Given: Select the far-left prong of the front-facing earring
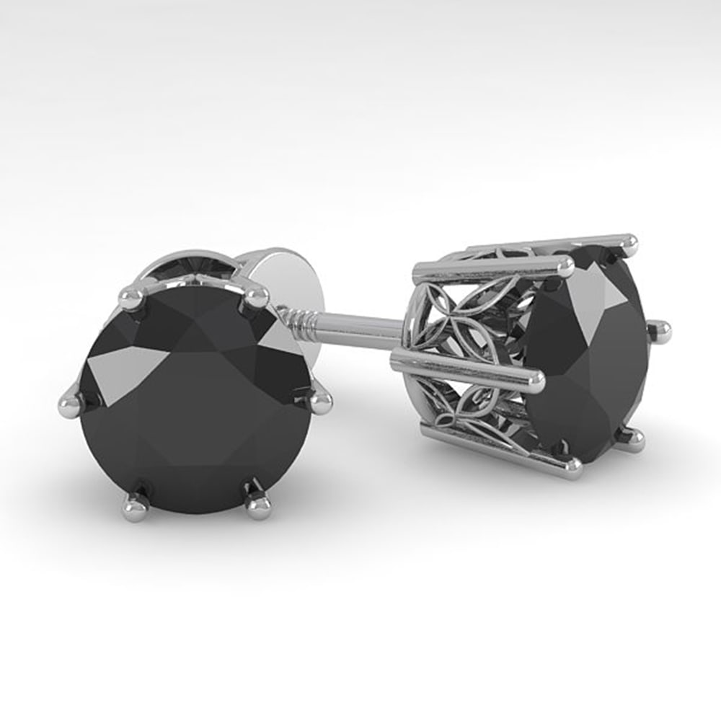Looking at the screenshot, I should click(70, 406).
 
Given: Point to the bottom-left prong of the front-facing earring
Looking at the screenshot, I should click(136, 505).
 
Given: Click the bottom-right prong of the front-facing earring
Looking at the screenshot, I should click(257, 505).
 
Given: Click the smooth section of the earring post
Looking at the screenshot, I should click(360, 329).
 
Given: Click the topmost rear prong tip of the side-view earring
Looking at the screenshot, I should click(629, 243).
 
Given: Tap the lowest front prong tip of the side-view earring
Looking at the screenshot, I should click(573, 469).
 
